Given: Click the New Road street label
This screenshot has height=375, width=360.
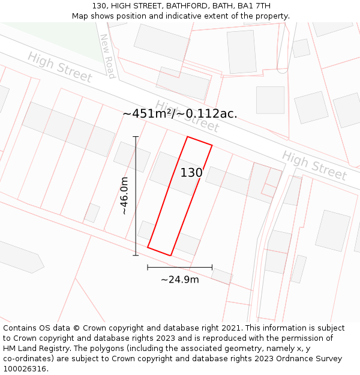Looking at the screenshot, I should click(107, 56).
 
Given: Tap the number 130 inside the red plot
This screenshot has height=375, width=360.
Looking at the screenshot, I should click(191, 173).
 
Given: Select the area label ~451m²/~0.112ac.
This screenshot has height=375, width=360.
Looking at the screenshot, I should click(180, 113).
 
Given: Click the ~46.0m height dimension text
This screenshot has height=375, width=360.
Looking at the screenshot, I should click(124, 196).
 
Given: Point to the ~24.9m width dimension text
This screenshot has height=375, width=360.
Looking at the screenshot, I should click(180, 279).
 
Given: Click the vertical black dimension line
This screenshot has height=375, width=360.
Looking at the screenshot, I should click(136, 196).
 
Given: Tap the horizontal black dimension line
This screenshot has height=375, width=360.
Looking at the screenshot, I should click(179, 267).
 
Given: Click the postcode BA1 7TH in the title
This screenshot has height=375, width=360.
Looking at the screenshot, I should click(254, 6).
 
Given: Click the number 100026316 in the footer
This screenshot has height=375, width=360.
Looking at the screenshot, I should click(24, 369).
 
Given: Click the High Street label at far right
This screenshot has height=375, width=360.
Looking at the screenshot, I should click(314, 166).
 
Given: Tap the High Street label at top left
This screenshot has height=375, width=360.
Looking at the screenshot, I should click(60, 67).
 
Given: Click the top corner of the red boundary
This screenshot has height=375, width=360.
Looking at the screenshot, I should click(188, 137).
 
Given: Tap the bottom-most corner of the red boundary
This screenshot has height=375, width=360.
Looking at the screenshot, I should click(171, 256).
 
